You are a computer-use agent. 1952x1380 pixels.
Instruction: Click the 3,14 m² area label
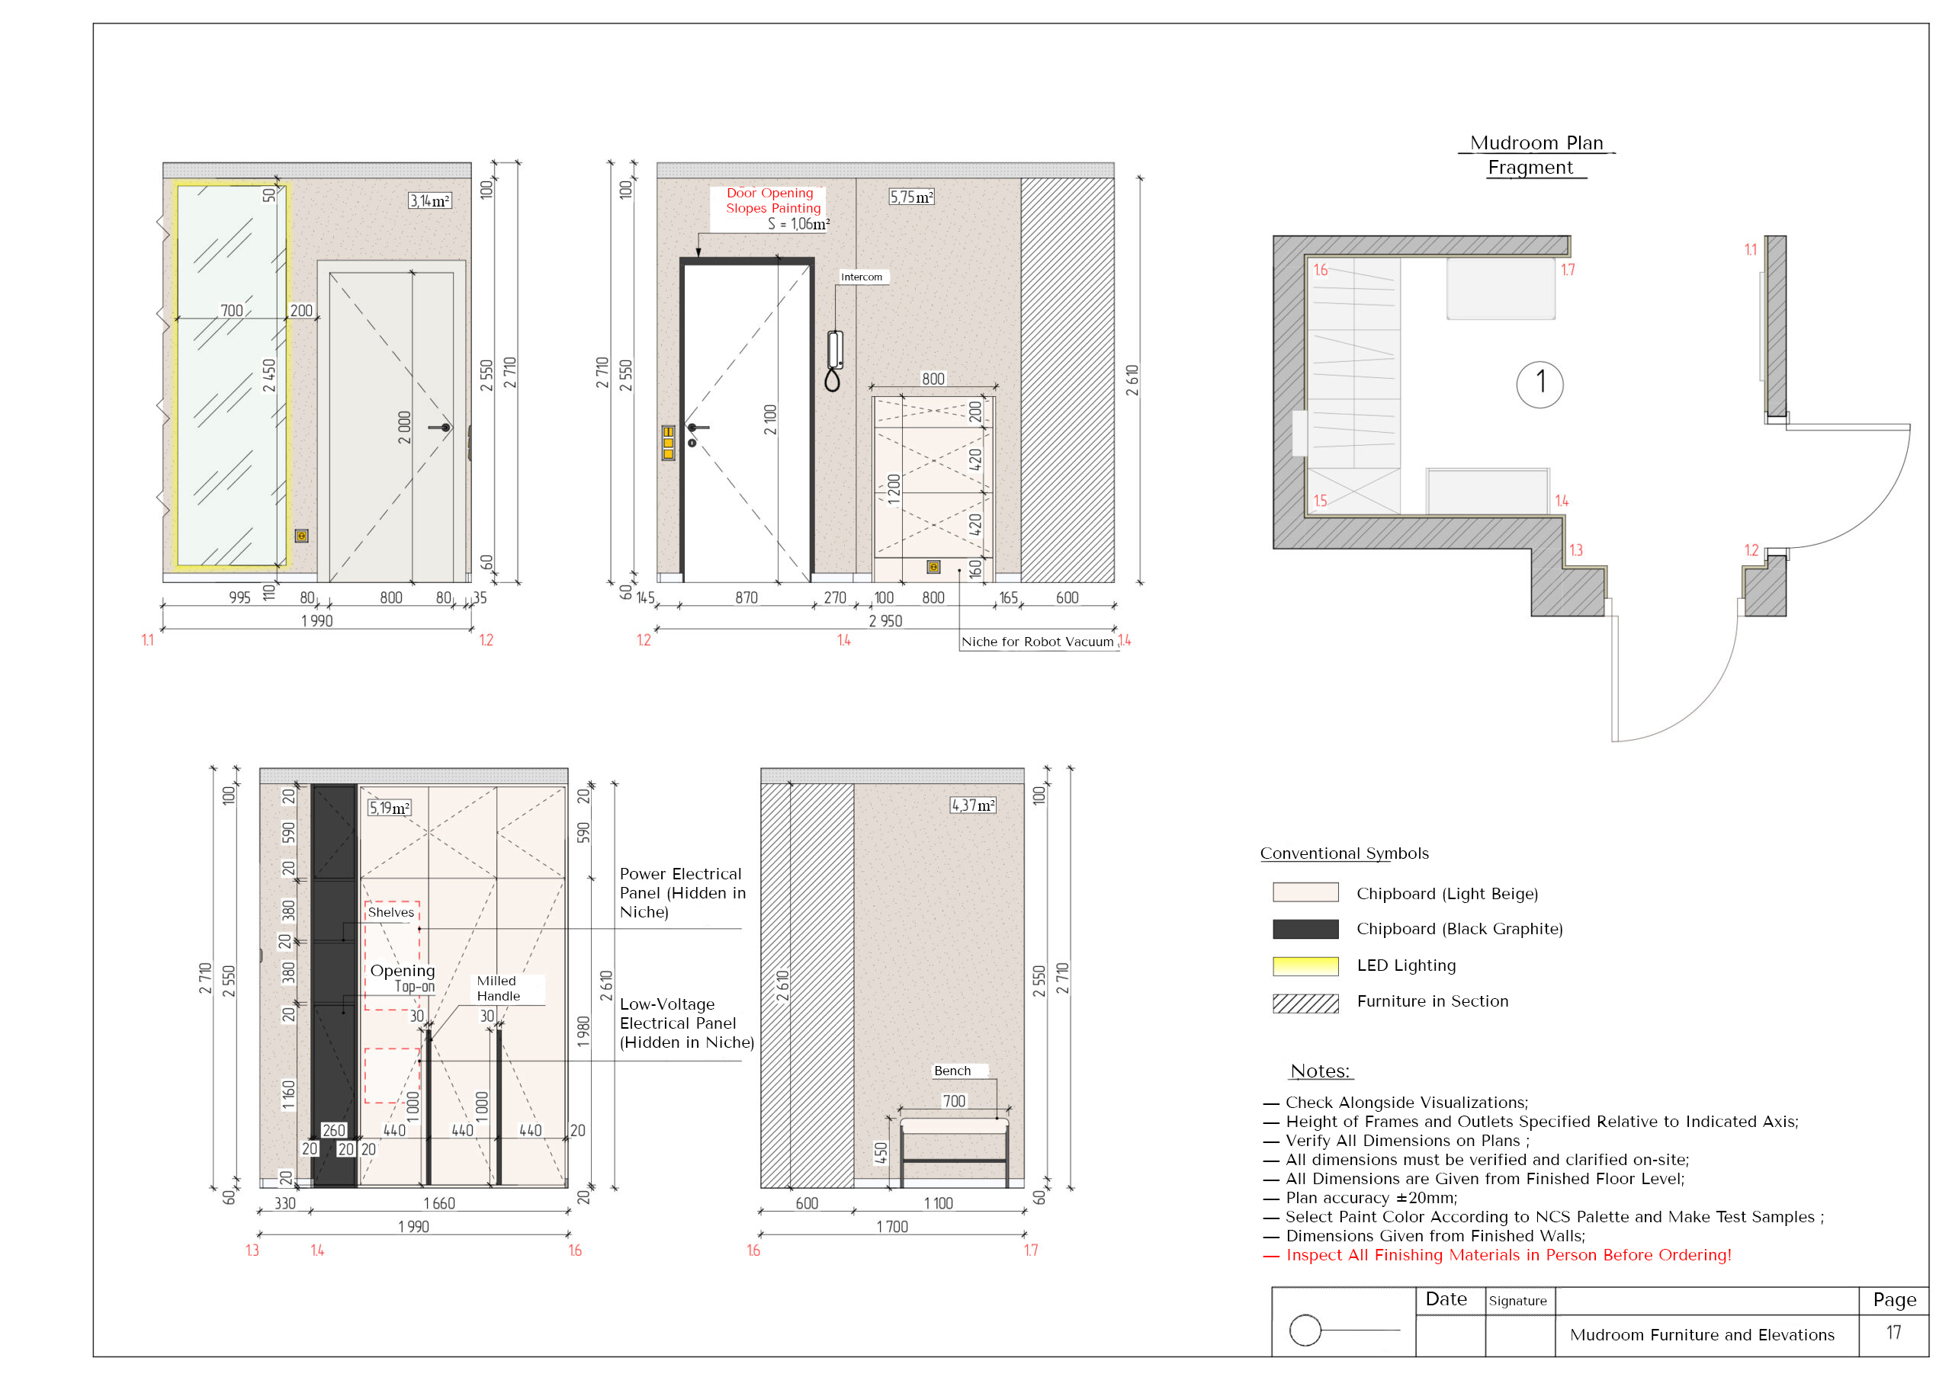click(x=429, y=200)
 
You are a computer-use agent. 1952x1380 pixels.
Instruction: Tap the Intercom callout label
click(x=861, y=277)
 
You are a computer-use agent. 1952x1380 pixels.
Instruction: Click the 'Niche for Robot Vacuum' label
click(x=1036, y=642)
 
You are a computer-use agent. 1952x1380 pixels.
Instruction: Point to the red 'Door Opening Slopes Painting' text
click(x=773, y=200)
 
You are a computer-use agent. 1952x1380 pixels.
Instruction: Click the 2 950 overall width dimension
click(x=885, y=621)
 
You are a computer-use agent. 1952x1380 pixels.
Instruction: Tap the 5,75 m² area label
click(x=911, y=197)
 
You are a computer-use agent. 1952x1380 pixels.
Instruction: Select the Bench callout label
click(x=952, y=1071)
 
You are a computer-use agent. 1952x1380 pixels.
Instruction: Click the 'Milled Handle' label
click(x=498, y=988)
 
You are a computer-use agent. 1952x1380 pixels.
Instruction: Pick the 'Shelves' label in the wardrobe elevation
click(x=391, y=913)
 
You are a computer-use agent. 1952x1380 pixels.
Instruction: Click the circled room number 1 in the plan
click(x=1539, y=384)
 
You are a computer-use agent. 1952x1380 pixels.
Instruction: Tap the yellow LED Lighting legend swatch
click(x=1305, y=966)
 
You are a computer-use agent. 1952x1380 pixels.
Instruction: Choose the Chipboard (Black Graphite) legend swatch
click(x=1305, y=929)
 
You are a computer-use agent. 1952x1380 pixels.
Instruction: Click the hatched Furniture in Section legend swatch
click(x=1305, y=1004)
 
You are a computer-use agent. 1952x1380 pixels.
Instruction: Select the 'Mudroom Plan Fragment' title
click(x=1536, y=155)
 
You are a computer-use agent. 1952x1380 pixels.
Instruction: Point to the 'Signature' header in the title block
click(x=1517, y=1301)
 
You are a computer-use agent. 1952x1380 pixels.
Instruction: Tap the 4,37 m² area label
click(x=973, y=805)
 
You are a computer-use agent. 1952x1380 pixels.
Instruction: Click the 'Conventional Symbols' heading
click(x=1344, y=853)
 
